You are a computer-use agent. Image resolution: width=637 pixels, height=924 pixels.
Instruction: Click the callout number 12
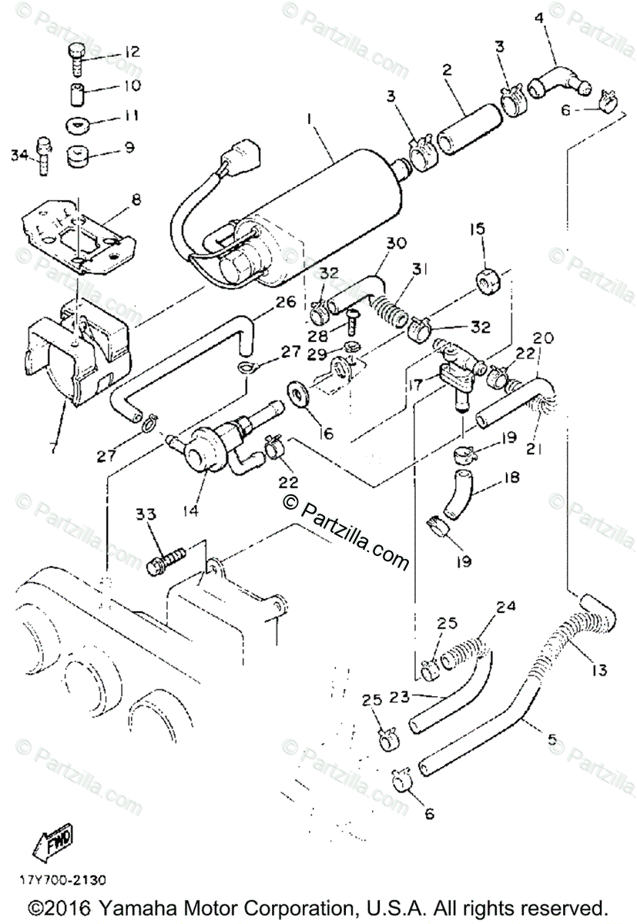tap(132, 52)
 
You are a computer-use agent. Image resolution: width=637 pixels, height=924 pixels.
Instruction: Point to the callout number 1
tap(309, 119)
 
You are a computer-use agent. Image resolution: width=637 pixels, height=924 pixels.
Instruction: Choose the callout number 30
tap(396, 243)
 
